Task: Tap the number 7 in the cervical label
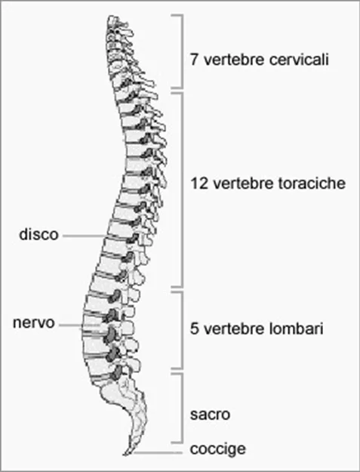tap(194, 60)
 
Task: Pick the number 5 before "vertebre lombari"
tap(194, 328)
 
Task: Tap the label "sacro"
tap(210, 415)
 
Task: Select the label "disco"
tap(38, 234)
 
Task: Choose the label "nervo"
tap(34, 322)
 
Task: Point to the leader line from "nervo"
tap(79, 325)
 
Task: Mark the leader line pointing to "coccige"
tap(158, 452)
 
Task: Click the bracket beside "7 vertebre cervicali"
tap(181, 51)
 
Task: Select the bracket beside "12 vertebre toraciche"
tap(181, 190)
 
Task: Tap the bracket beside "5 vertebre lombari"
tap(181, 329)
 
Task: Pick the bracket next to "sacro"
tap(181, 408)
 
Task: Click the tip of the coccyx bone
tap(125, 454)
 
